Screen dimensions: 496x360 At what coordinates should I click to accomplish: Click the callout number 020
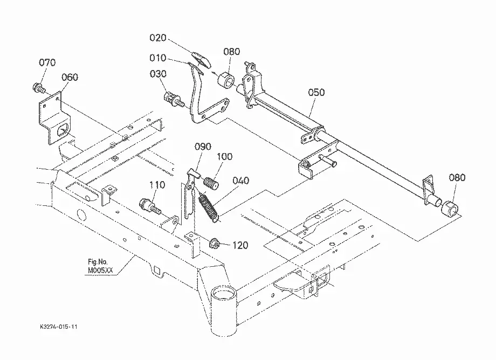coord(158,38)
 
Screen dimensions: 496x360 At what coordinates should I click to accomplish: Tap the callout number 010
coord(158,58)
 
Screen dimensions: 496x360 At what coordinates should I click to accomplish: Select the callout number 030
coord(158,74)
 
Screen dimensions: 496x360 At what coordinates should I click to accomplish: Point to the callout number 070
coord(47,63)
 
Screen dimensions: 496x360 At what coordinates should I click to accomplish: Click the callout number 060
coord(70,77)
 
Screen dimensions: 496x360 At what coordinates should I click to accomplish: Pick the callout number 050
coord(316,92)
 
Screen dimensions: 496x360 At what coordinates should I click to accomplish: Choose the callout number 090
coord(203,147)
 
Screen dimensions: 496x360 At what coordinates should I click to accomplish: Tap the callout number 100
coord(225,156)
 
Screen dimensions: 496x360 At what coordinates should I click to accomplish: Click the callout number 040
coord(241,181)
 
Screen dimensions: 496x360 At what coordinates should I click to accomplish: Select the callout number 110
coord(157,185)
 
